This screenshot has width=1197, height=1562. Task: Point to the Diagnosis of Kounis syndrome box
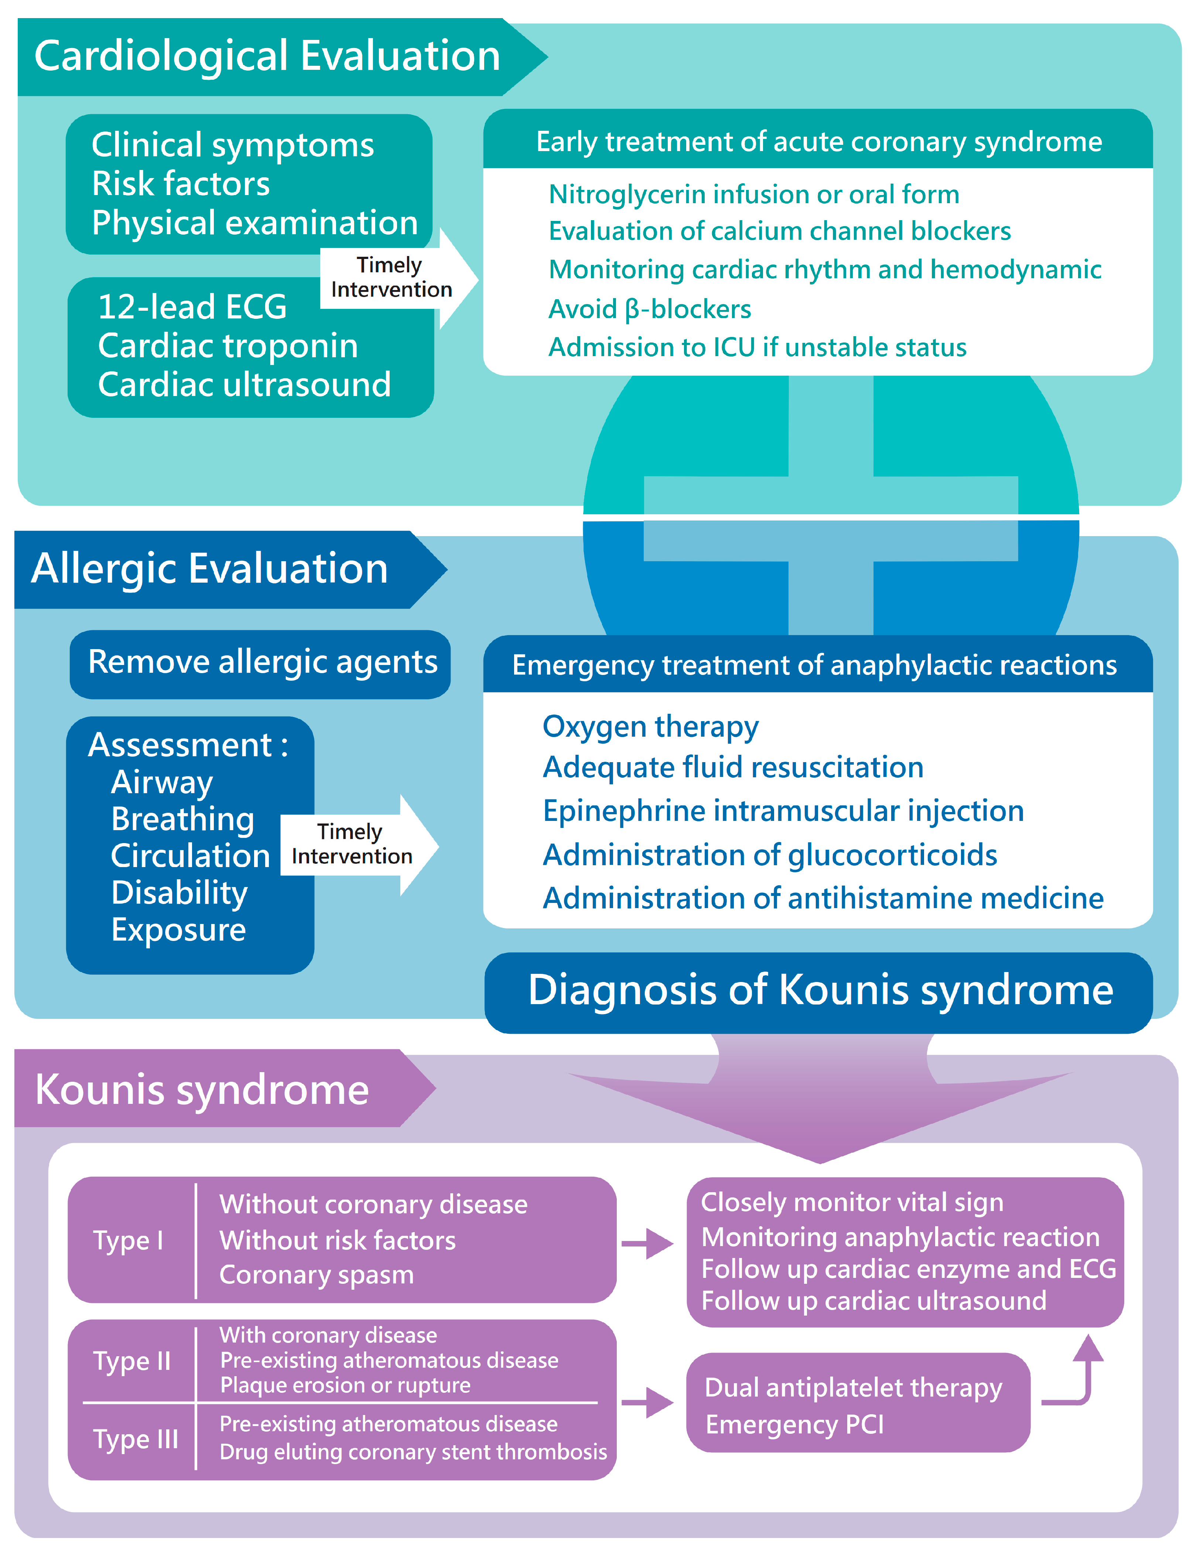tap(820, 990)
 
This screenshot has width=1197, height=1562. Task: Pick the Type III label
tap(136, 1439)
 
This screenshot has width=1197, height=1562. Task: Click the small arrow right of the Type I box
tap(647, 1244)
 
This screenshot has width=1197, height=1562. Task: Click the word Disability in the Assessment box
tap(179, 893)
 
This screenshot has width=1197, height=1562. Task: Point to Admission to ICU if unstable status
tap(757, 348)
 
